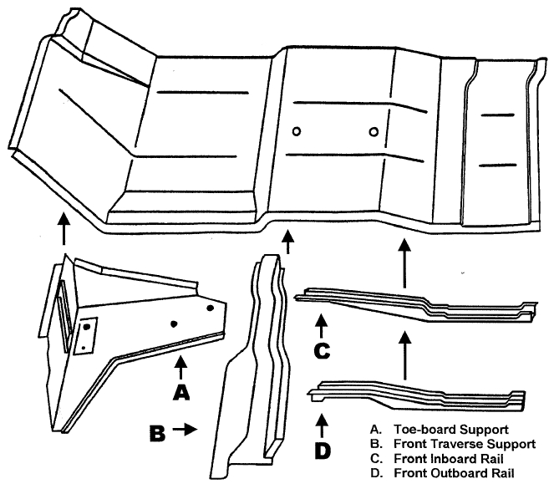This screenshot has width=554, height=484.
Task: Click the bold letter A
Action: [x=181, y=390]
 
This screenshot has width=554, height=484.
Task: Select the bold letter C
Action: [x=320, y=350]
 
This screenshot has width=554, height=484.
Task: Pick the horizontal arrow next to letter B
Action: [x=186, y=429]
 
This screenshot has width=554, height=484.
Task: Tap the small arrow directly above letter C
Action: [x=320, y=321]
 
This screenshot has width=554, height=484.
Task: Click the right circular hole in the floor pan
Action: [x=373, y=130]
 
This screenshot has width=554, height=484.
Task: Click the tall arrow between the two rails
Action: [x=405, y=354]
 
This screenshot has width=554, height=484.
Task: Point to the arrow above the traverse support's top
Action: [x=288, y=242]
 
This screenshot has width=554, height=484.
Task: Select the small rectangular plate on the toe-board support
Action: [x=85, y=334]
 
